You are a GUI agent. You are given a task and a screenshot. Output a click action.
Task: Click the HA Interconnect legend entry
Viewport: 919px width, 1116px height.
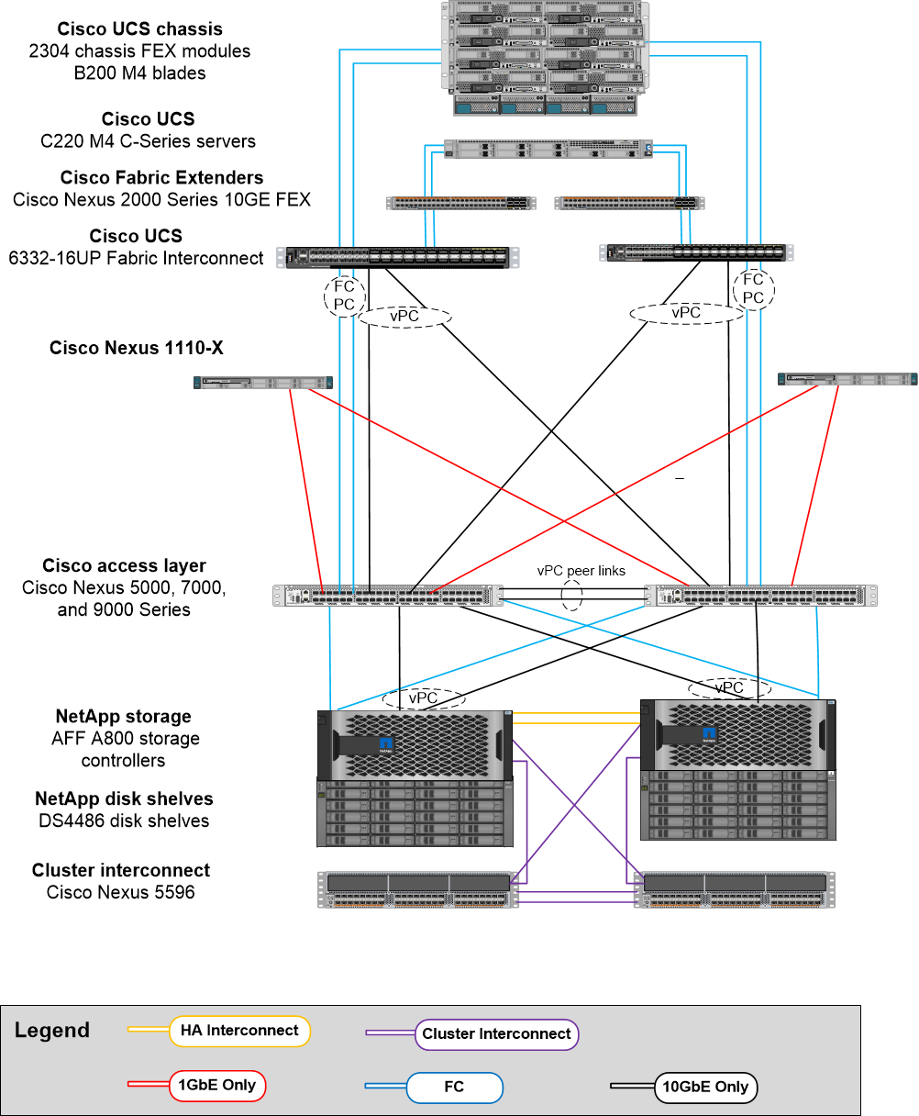click(239, 1031)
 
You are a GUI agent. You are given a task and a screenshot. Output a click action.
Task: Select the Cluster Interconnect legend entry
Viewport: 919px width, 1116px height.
click(496, 1034)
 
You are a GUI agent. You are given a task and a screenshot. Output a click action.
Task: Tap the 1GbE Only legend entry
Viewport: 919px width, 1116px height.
click(216, 1086)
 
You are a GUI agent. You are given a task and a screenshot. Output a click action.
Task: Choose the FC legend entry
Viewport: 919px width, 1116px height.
click(454, 1088)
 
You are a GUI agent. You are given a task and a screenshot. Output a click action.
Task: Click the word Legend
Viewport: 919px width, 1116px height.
click(52, 1031)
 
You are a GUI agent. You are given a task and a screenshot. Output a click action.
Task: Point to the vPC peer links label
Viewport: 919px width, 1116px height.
click(581, 571)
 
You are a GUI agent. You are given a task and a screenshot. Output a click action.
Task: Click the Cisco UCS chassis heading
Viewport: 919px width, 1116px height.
click(139, 29)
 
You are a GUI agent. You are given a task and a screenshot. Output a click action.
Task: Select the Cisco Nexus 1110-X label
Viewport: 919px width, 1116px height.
click(137, 348)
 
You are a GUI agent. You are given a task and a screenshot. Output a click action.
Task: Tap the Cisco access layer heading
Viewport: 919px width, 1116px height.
click(124, 565)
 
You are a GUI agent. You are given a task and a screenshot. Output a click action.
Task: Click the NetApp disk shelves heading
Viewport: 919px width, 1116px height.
click(124, 798)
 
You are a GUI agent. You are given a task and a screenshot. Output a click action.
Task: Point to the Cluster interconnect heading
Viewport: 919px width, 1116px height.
click(121, 870)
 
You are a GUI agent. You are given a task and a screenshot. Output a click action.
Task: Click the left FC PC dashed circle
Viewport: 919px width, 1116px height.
click(345, 296)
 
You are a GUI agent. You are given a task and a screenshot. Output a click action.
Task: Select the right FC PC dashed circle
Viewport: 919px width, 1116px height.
click(753, 288)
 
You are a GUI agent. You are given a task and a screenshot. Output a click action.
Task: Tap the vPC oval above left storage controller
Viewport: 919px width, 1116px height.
click(423, 698)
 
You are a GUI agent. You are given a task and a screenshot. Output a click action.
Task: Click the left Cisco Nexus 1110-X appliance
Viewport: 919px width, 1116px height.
click(263, 383)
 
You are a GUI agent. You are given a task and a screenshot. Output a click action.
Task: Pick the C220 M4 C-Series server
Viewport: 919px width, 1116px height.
click(548, 149)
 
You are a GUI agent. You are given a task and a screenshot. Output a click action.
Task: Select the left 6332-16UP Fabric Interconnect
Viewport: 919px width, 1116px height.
click(402, 257)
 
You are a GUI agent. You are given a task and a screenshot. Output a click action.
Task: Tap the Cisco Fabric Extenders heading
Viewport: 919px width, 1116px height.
click(162, 177)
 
